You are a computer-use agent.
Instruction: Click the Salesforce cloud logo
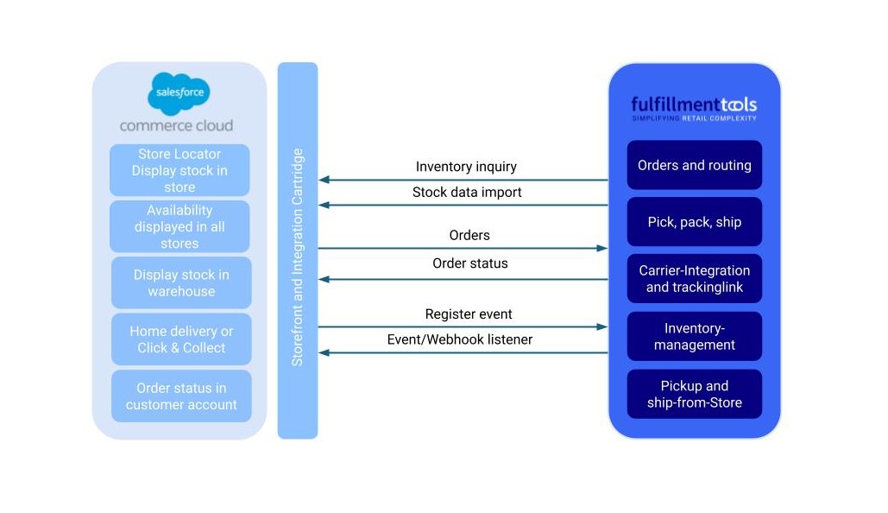[x=179, y=92]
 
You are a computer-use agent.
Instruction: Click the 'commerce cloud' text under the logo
[x=176, y=125]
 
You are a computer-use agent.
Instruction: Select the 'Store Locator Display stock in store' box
[x=179, y=170]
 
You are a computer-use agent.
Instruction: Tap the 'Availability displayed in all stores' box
[x=179, y=226]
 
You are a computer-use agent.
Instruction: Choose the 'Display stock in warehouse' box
[x=181, y=282]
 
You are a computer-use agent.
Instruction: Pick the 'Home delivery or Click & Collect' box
[x=181, y=339]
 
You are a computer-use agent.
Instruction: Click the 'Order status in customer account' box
[x=181, y=396]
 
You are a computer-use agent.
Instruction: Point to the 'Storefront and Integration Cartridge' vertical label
[x=298, y=257]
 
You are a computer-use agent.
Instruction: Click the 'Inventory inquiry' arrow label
[x=466, y=167]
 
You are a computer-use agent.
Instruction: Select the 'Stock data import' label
[x=467, y=192]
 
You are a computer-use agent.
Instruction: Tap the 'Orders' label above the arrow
[x=469, y=235]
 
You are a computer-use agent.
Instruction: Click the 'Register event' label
[x=469, y=314]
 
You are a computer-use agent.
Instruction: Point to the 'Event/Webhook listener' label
[x=460, y=339]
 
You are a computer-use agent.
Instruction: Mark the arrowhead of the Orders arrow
[x=602, y=248]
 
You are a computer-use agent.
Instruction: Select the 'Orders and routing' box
[x=694, y=165]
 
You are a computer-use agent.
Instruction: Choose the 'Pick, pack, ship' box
[x=694, y=222]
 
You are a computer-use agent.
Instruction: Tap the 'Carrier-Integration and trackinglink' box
[x=694, y=278]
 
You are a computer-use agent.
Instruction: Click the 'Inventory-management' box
[x=694, y=336]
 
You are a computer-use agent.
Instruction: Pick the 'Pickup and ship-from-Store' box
[x=694, y=394]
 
